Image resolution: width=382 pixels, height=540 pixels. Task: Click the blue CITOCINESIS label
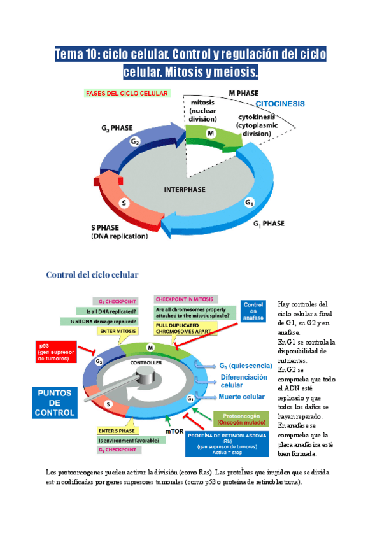click(x=280, y=103)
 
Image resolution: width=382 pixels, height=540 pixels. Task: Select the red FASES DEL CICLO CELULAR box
click(x=127, y=93)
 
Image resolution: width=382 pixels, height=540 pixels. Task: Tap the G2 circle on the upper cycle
click(x=135, y=141)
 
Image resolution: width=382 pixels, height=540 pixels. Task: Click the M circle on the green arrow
click(x=211, y=132)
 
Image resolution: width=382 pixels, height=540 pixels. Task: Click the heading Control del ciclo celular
click(x=92, y=274)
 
